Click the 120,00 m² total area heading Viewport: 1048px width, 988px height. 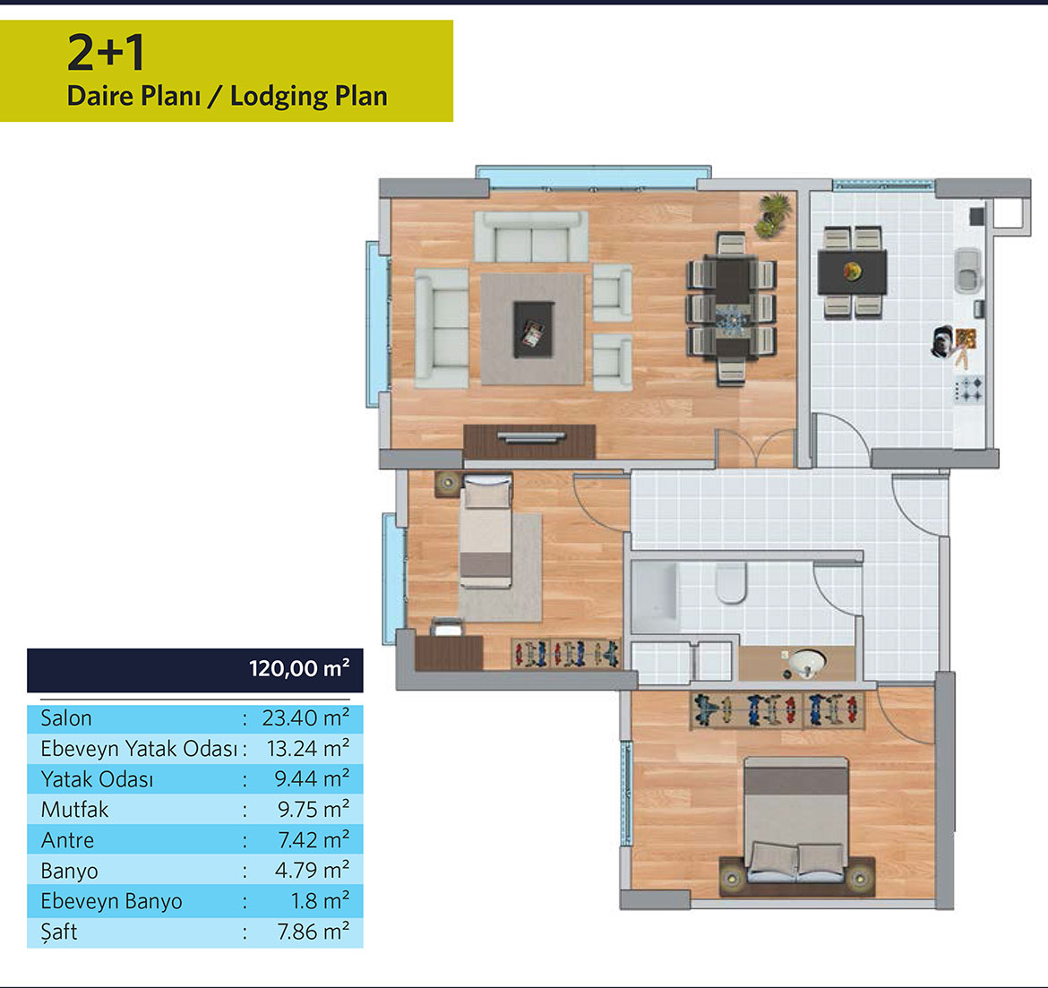(299, 668)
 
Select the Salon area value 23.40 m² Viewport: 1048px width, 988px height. (305, 718)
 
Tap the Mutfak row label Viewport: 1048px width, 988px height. (74, 810)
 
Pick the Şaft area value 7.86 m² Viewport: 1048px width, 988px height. (313, 932)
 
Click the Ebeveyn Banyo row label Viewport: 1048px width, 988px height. (111, 901)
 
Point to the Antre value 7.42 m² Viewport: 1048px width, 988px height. (314, 839)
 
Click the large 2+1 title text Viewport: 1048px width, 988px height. (106, 53)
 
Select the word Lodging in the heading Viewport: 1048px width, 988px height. (278, 96)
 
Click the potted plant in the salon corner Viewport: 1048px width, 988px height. (773, 215)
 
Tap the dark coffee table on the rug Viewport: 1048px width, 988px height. (533, 330)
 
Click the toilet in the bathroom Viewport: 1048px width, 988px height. (731, 582)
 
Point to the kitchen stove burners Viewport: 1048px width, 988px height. (968, 390)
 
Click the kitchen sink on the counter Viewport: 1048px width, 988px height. (967, 270)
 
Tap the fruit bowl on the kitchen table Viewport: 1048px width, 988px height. (852, 271)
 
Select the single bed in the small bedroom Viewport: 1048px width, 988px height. (485, 531)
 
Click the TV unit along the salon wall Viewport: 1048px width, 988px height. (529, 442)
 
